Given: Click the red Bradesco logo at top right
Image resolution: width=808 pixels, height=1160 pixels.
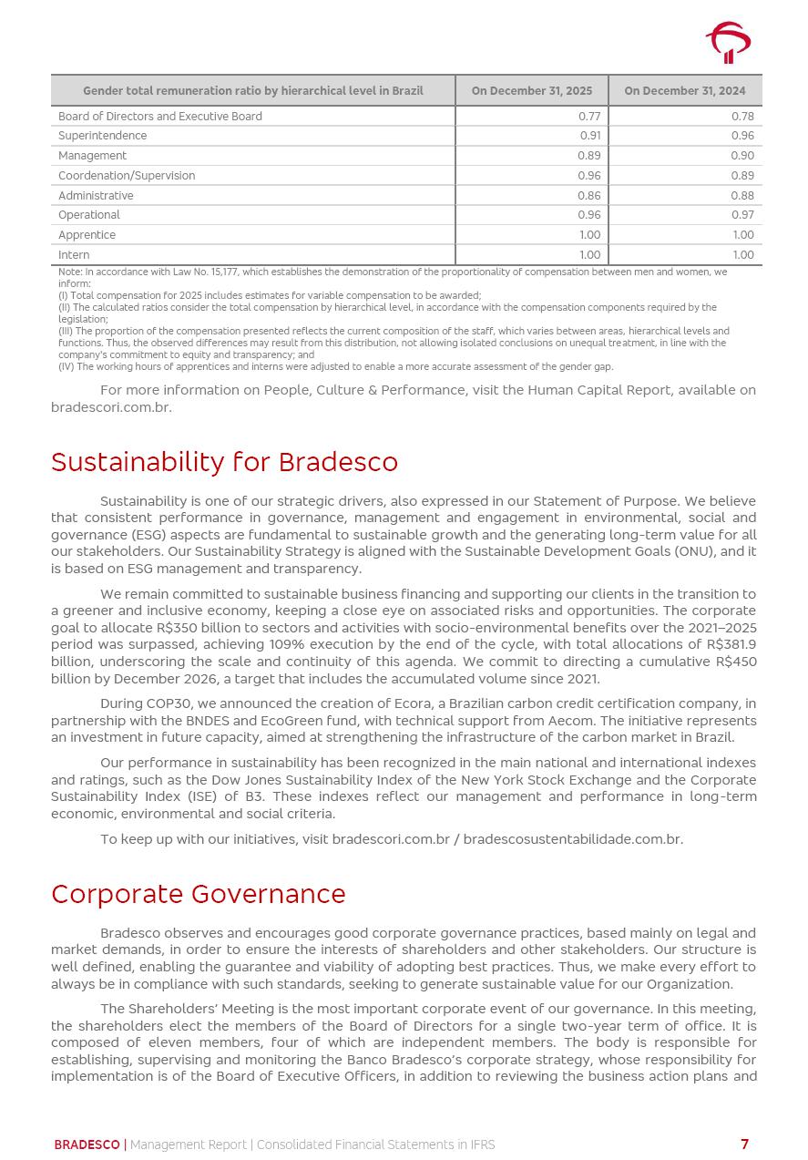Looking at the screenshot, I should click(x=728, y=42).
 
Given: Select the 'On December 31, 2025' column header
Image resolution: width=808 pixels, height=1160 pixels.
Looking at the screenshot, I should click(x=531, y=91).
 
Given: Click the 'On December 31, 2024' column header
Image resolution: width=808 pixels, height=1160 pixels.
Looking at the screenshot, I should click(x=684, y=91).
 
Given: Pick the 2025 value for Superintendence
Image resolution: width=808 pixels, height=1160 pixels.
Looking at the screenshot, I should click(x=590, y=136).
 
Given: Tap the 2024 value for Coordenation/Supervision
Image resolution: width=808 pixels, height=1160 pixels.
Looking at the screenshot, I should click(x=742, y=176).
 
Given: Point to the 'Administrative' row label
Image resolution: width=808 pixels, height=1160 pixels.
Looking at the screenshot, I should click(x=96, y=196).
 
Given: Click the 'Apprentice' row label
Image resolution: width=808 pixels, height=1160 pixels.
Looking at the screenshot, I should click(x=87, y=235).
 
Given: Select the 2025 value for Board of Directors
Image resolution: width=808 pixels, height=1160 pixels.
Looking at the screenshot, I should click(x=589, y=117).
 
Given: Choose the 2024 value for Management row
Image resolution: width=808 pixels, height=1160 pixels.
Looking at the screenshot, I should click(x=742, y=156).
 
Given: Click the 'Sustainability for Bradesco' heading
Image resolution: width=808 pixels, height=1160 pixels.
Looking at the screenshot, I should click(x=224, y=462).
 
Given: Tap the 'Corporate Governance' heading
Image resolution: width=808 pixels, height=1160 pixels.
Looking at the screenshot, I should click(x=198, y=894).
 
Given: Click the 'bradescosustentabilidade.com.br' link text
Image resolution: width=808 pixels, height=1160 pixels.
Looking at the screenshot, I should click(x=572, y=839).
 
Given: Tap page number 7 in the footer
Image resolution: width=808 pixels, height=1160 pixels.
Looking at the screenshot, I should click(x=744, y=1145).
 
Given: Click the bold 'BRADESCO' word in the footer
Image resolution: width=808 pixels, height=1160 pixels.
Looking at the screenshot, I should click(x=87, y=1145).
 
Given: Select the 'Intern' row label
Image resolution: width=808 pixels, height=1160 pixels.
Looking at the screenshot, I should click(x=74, y=255).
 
